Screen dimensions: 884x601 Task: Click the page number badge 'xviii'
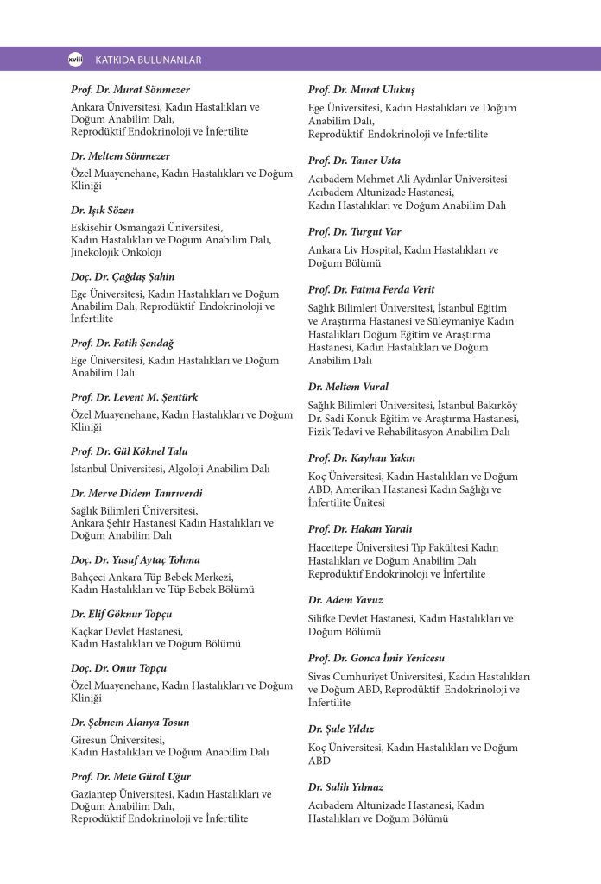point(74,59)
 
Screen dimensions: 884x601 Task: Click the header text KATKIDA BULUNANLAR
point(148,60)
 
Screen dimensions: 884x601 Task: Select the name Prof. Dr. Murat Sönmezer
point(130,90)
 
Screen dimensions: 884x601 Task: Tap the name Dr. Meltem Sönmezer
point(120,156)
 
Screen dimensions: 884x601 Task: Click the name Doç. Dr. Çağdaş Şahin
point(123,276)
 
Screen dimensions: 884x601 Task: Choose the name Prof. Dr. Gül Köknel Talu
point(130,451)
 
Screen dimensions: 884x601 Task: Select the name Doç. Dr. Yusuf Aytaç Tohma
point(135,559)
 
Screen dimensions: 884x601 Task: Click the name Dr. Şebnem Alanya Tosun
point(130,722)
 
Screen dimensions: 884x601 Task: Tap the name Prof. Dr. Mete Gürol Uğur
point(130,776)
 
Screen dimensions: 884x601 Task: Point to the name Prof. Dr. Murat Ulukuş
point(362,90)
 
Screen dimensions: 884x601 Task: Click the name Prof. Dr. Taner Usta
point(354,161)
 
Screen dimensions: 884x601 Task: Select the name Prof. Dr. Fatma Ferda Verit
point(371,289)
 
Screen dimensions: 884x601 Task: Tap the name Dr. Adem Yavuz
point(345,599)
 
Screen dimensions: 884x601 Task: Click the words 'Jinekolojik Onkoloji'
point(116,252)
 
